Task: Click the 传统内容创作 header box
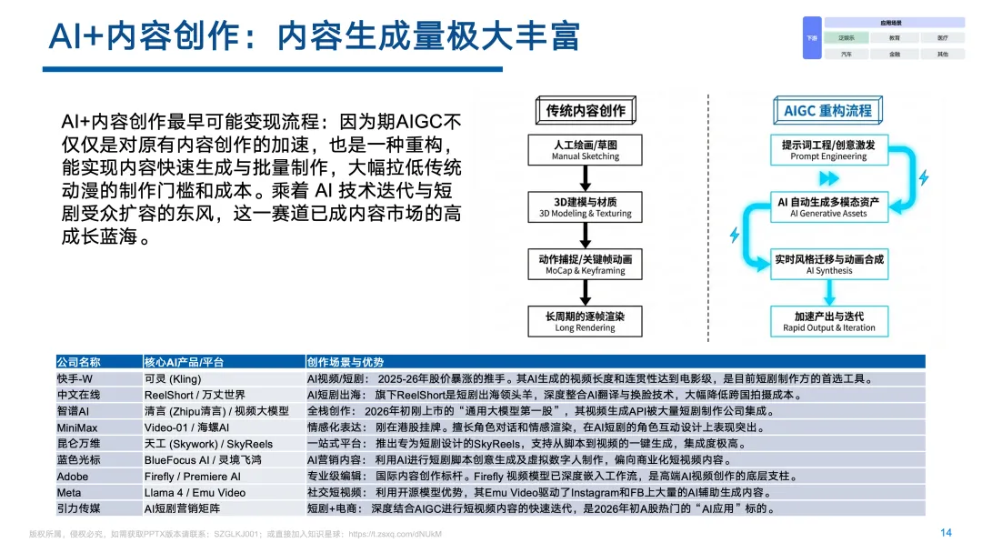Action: (x=586, y=111)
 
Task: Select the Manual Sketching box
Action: (x=586, y=150)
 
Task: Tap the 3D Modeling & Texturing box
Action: (x=586, y=206)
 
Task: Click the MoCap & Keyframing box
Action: (x=586, y=265)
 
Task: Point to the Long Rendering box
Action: (x=586, y=322)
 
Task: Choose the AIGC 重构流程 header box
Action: (x=827, y=111)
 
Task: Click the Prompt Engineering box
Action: (x=828, y=150)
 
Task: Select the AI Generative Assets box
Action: (x=828, y=206)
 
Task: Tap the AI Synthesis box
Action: (x=828, y=265)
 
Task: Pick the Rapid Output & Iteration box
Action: (x=828, y=322)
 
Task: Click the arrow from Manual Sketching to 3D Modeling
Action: (x=586, y=178)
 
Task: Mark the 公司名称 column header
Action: (x=79, y=362)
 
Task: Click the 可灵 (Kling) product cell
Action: (x=173, y=378)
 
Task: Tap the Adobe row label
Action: (x=73, y=477)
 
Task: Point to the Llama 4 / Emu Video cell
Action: (x=195, y=493)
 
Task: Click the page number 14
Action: (x=946, y=533)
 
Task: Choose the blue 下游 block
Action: (x=812, y=38)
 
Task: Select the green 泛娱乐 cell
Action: (x=847, y=38)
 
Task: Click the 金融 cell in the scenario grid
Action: (x=895, y=55)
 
